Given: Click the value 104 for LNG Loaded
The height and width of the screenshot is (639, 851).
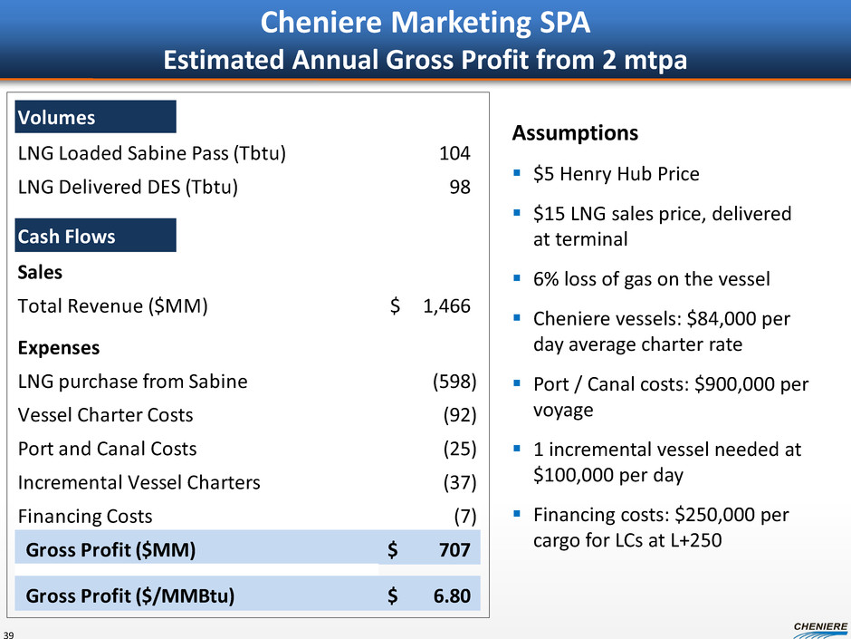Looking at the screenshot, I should [454, 153].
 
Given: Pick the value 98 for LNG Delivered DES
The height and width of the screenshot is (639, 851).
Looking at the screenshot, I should [460, 188].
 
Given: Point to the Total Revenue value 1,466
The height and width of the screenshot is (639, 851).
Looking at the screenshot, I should [446, 306].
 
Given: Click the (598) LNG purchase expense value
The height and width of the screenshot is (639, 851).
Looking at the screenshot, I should [454, 382].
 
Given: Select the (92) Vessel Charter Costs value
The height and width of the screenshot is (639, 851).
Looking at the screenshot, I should [460, 415].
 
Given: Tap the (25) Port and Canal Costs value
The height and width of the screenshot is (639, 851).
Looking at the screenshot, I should [460, 449].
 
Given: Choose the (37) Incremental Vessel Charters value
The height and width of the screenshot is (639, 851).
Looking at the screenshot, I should [460, 482].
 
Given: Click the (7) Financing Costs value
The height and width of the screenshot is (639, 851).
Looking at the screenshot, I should [464, 516].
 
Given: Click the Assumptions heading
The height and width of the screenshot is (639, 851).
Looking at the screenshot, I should [575, 133].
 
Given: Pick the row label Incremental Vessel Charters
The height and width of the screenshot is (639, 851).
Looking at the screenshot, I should [139, 482].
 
